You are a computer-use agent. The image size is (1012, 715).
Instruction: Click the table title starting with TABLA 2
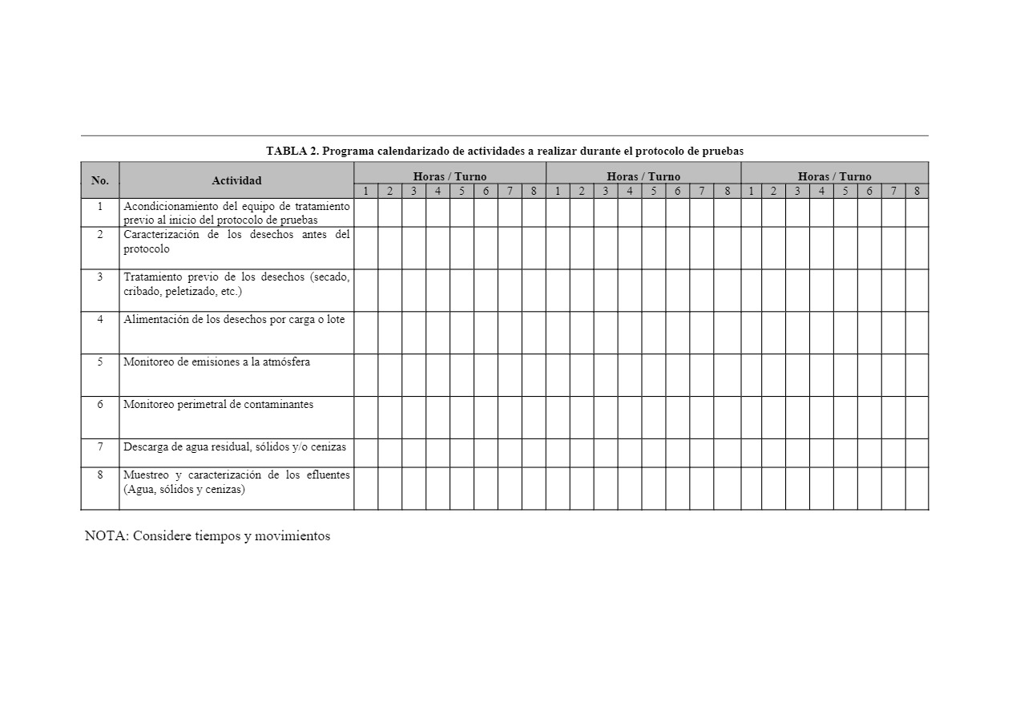[x=505, y=151]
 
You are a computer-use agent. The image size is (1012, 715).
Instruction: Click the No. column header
[x=100, y=180]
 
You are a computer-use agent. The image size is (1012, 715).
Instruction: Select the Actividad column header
[x=236, y=180]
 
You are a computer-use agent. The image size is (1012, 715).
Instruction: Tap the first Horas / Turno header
[x=450, y=176]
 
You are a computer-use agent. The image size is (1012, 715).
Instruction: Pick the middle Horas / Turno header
[x=643, y=176]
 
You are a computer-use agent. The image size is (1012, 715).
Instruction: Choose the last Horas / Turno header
[x=834, y=176]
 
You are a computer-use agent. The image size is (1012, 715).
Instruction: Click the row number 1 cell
[x=100, y=206]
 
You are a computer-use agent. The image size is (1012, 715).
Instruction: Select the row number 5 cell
[x=100, y=362]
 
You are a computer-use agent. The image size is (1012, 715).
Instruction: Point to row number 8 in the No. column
[x=100, y=475]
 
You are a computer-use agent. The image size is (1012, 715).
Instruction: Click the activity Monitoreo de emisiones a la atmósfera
[x=216, y=362]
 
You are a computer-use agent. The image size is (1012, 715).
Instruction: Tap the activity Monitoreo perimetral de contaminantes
[x=218, y=405]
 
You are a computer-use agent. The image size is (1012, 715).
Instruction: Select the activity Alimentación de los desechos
[x=234, y=320]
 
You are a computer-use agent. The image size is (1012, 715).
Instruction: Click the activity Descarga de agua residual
[x=235, y=447]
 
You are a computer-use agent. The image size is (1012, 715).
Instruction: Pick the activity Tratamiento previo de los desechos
[x=236, y=285]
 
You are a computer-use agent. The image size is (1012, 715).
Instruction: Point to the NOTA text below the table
[x=208, y=536]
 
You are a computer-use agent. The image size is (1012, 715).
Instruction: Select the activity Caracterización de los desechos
[x=236, y=242]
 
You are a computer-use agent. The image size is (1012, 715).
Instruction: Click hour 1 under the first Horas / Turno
[x=366, y=191]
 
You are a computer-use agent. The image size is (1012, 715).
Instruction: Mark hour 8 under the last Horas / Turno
[x=917, y=191]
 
